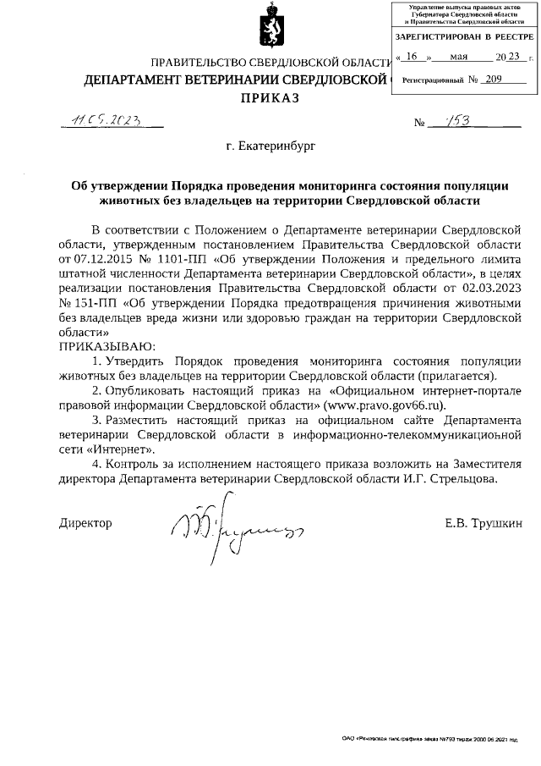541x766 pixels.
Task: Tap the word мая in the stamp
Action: (x=460, y=57)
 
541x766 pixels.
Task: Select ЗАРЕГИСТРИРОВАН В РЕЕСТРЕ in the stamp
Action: (x=465, y=39)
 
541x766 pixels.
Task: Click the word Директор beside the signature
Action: (x=85, y=523)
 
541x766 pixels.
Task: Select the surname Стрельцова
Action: (x=456, y=478)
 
